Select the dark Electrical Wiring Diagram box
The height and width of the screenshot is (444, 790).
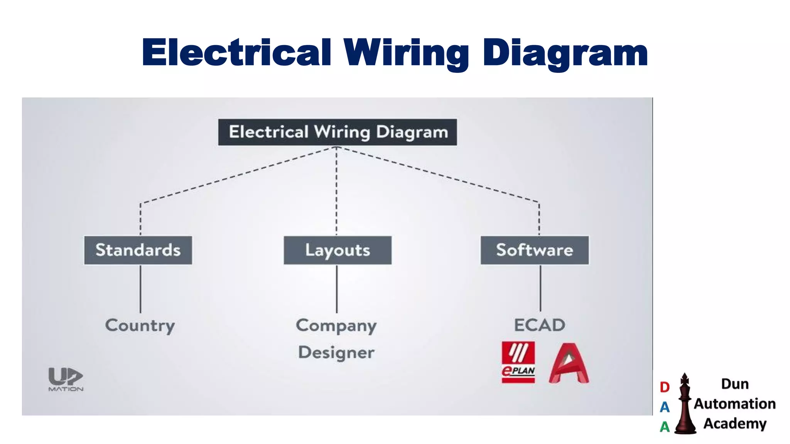coord(337,132)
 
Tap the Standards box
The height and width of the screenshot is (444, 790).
coord(138,250)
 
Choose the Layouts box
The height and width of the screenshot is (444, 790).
coord(338,250)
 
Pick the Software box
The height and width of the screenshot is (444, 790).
coord(535,250)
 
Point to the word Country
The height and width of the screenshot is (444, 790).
coord(140,326)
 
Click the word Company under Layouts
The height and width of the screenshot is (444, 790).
coord(336,326)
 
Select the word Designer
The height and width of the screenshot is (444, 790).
coord(336,353)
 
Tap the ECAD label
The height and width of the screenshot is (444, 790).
coord(539,325)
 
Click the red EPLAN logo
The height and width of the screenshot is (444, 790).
coord(518,362)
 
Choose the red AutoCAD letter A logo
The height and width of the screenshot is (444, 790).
coord(569,363)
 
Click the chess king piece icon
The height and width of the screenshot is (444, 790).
coord(685,405)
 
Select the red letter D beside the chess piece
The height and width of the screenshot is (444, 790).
coord(665,387)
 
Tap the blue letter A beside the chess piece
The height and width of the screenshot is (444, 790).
coord(665,407)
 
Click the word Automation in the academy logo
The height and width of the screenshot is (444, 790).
coord(735,404)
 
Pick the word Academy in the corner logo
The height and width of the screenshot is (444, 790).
coord(735,423)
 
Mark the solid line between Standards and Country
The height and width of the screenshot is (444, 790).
coord(140,289)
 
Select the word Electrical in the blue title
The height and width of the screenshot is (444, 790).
coord(236,53)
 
